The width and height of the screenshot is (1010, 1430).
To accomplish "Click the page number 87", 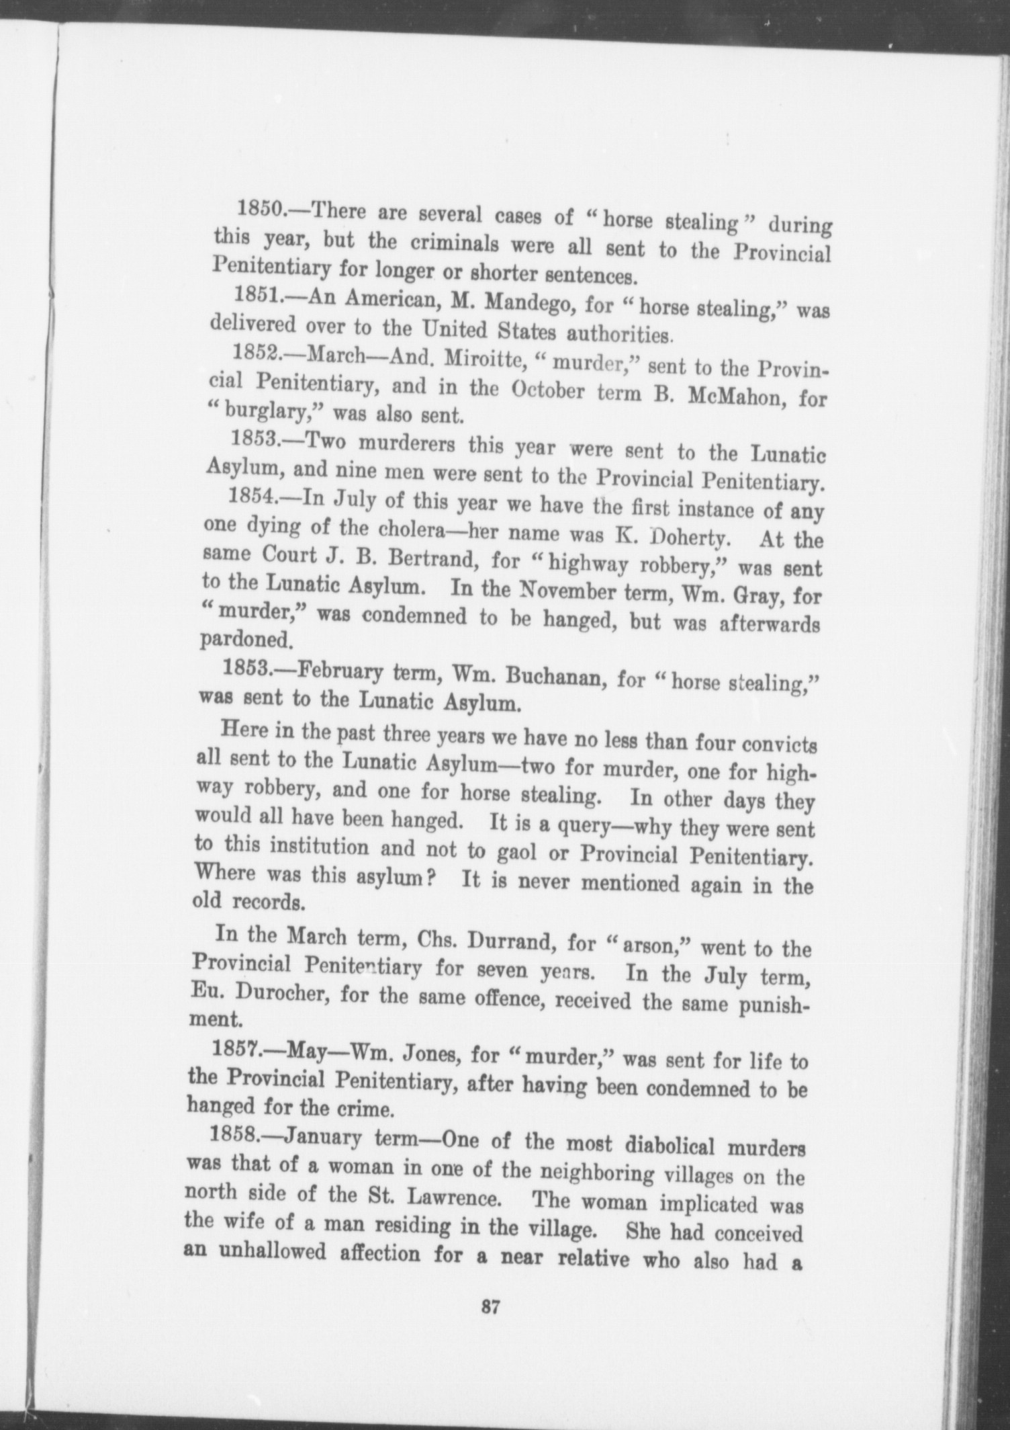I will click(x=488, y=1307).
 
